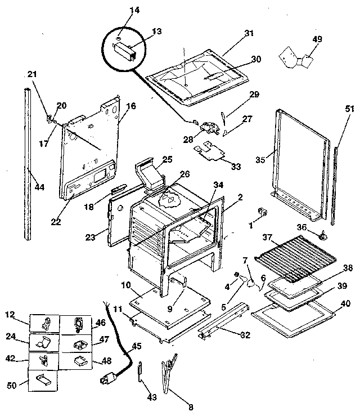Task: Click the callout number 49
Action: (317, 38)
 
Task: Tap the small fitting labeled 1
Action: (261, 212)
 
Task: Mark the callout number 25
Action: (167, 159)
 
